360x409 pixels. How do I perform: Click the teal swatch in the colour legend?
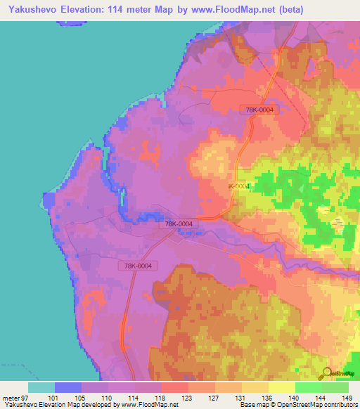coord(41,387)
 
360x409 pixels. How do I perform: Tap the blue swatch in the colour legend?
coord(67,387)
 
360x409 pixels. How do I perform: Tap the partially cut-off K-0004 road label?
coord(238,186)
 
